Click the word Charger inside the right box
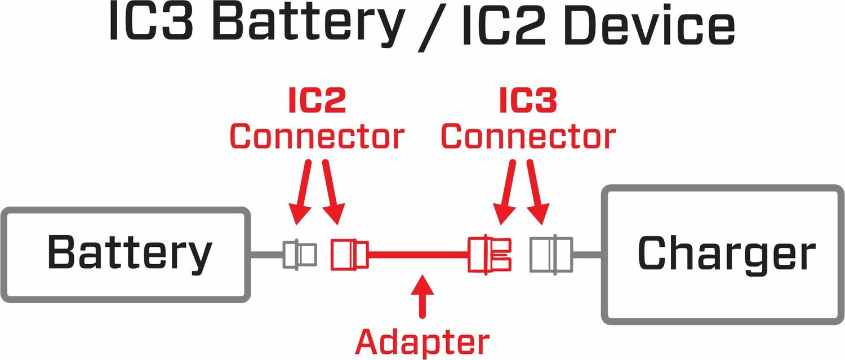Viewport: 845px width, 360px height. coord(726,253)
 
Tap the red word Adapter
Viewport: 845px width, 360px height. coord(422,341)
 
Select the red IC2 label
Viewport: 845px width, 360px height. coord(317,101)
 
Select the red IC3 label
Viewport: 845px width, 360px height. coord(528,101)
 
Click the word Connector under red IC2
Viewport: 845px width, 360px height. coord(317,136)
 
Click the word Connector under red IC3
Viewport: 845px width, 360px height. coord(528,136)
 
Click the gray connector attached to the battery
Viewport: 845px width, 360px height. coord(299,254)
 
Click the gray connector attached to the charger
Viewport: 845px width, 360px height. coord(550,254)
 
